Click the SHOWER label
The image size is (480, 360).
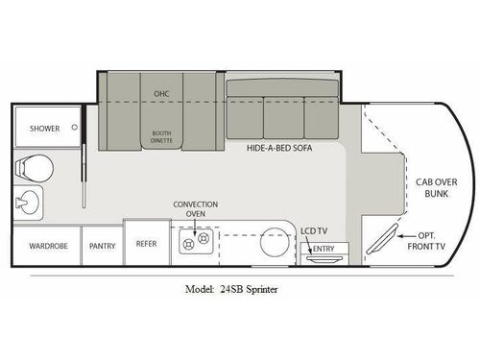pyautogui.click(x=44, y=128)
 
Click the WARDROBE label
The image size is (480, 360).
pyautogui.click(x=43, y=245)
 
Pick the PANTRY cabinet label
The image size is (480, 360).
pyautogui.click(x=102, y=246)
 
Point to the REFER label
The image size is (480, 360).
pyautogui.click(x=146, y=245)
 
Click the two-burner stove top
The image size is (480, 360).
pyautogui.click(x=196, y=243)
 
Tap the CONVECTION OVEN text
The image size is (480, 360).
pyautogui.click(x=195, y=209)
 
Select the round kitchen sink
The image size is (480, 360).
pyautogui.click(x=275, y=242)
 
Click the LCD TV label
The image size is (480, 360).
pyautogui.click(x=315, y=231)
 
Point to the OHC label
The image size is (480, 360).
pyautogui.click(x=161, y=93)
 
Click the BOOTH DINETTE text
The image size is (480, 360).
pyautogui.click(x=162, y=137)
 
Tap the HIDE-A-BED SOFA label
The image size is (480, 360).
pyautogui.click(x=280, y=149)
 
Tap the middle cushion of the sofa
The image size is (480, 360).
pyautogui.click(x=283, y=117)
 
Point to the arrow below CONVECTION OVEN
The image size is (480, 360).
pyautogui.click(x=195, y=227)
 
